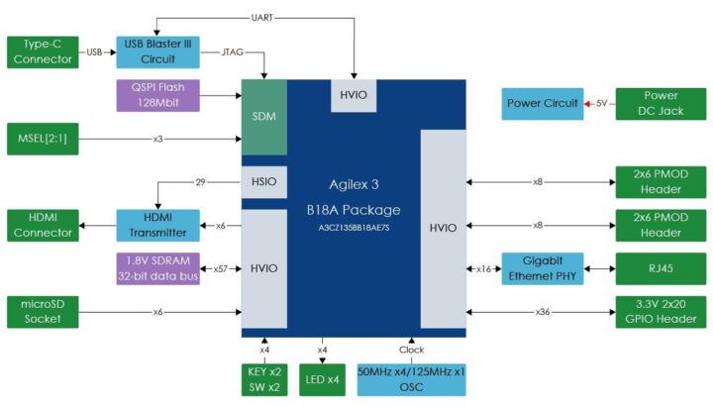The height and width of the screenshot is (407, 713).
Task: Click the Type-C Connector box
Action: pyautogui.click(x=42, y=51)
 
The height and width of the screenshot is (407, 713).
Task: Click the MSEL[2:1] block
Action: pyautogui.click(x=42, y=138)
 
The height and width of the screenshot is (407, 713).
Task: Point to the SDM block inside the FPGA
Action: pyautogui.click(x=264, y=116)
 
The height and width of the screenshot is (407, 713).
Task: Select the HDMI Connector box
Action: pyautogui.click(x=42, y=225)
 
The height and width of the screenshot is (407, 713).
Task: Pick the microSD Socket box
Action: pyautogui.click(x=42, y=311)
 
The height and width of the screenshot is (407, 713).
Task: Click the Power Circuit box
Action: pyautogui.click(x=541, y=104)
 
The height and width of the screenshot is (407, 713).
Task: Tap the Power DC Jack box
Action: pyautogui.click(x=661, y=104)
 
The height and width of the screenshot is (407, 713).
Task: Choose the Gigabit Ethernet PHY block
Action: pyautogui.click(x=541, y=268)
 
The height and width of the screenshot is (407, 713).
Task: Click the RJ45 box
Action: pyautogui.click(x=661, y=268)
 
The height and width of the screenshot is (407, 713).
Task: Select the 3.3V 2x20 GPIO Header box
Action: pyautogui.click(x=661, y=311)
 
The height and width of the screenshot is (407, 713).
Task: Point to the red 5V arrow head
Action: pyautogui.click(x=587, y=104)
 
